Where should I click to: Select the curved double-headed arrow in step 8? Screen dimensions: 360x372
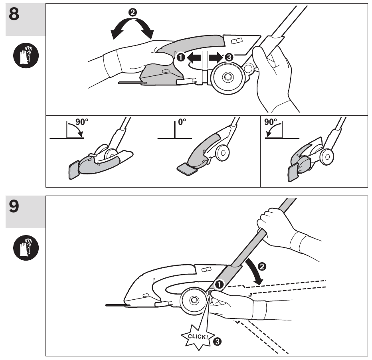[x=132, y=30]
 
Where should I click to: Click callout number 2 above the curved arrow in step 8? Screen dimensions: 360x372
[x=132, y=12]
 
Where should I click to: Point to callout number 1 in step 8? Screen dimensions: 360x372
[x=180, y=58]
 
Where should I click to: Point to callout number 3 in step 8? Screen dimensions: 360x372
[x=228, y=58]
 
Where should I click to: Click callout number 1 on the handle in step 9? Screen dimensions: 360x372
[x=219, y=284]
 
